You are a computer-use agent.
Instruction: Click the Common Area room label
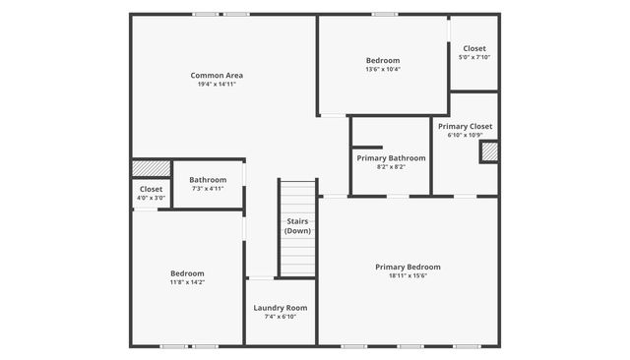point(217,75)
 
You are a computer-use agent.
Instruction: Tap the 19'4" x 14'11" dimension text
point(217,85)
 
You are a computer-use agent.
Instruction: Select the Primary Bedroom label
point(408,267)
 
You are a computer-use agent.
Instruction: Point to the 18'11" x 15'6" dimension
point(408,275)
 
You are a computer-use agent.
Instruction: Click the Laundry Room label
point(281,308)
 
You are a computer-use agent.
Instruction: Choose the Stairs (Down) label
point(297,226)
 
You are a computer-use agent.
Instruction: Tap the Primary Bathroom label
point(391,157)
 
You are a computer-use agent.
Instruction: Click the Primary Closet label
point(466,126)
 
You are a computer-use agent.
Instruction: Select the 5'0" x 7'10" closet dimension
point(474,57)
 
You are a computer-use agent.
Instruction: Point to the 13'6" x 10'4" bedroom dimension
point(383,69)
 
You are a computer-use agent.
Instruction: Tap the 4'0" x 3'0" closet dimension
point(151,198)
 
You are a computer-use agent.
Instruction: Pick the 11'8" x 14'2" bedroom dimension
point(187,282)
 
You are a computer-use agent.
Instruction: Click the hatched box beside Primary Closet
point(488,151)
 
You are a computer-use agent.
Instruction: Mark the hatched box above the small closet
point(151,168)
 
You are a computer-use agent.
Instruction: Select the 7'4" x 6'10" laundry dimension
point(281,317)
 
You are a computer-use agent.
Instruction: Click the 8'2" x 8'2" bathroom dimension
point(391,167)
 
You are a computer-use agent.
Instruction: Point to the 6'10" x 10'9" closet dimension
point(466,136)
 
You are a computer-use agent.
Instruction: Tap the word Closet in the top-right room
point(474,48)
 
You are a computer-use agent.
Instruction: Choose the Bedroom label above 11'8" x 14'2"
point(187,272)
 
